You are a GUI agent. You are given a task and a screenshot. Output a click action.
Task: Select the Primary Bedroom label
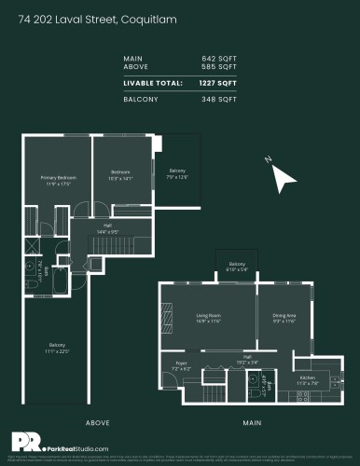click(x=57, y=179)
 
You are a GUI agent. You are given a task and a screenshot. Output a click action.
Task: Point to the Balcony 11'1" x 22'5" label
click(x=57, y=350)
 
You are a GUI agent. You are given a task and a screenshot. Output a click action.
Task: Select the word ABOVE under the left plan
click(x=98, y=421)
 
